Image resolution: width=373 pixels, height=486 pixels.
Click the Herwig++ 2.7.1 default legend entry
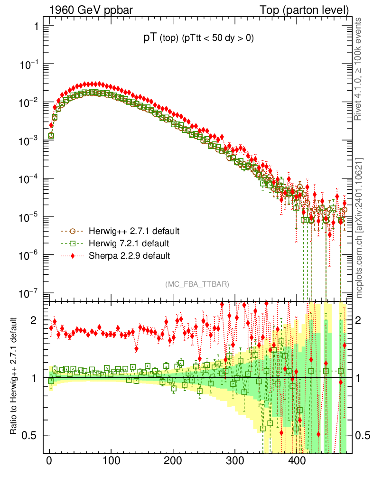tap(133, 231)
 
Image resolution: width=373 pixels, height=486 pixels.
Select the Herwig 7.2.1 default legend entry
tap(129, 243)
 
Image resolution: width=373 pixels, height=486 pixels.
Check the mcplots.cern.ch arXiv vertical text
tap(359, 228)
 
